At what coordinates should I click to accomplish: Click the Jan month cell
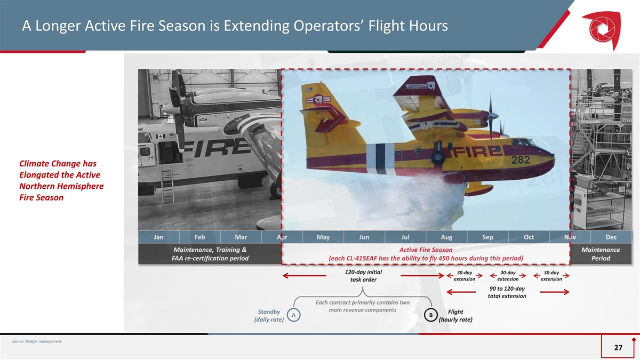[158, 237]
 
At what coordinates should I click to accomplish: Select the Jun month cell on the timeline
[364, 237]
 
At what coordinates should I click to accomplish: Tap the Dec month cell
[611, 237]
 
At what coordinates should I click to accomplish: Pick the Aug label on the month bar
[446, 237]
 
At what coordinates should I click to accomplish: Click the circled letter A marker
[293, 315]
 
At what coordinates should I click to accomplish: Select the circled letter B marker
[430, 315]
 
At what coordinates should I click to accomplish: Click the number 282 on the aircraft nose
[521, 159]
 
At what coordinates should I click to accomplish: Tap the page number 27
[618, 347]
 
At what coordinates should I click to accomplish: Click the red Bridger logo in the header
[602, 29]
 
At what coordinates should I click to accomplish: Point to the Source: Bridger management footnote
[37, 341]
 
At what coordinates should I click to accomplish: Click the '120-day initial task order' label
[363, 276]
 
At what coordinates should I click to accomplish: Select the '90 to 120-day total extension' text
[507, 292]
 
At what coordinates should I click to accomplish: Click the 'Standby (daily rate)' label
[269, 315]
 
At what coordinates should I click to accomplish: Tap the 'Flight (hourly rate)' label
[455, 315]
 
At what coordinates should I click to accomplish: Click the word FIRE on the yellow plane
[476, 151]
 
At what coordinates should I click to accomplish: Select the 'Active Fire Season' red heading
[426, 250]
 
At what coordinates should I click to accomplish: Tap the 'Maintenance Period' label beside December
[601, 254]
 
